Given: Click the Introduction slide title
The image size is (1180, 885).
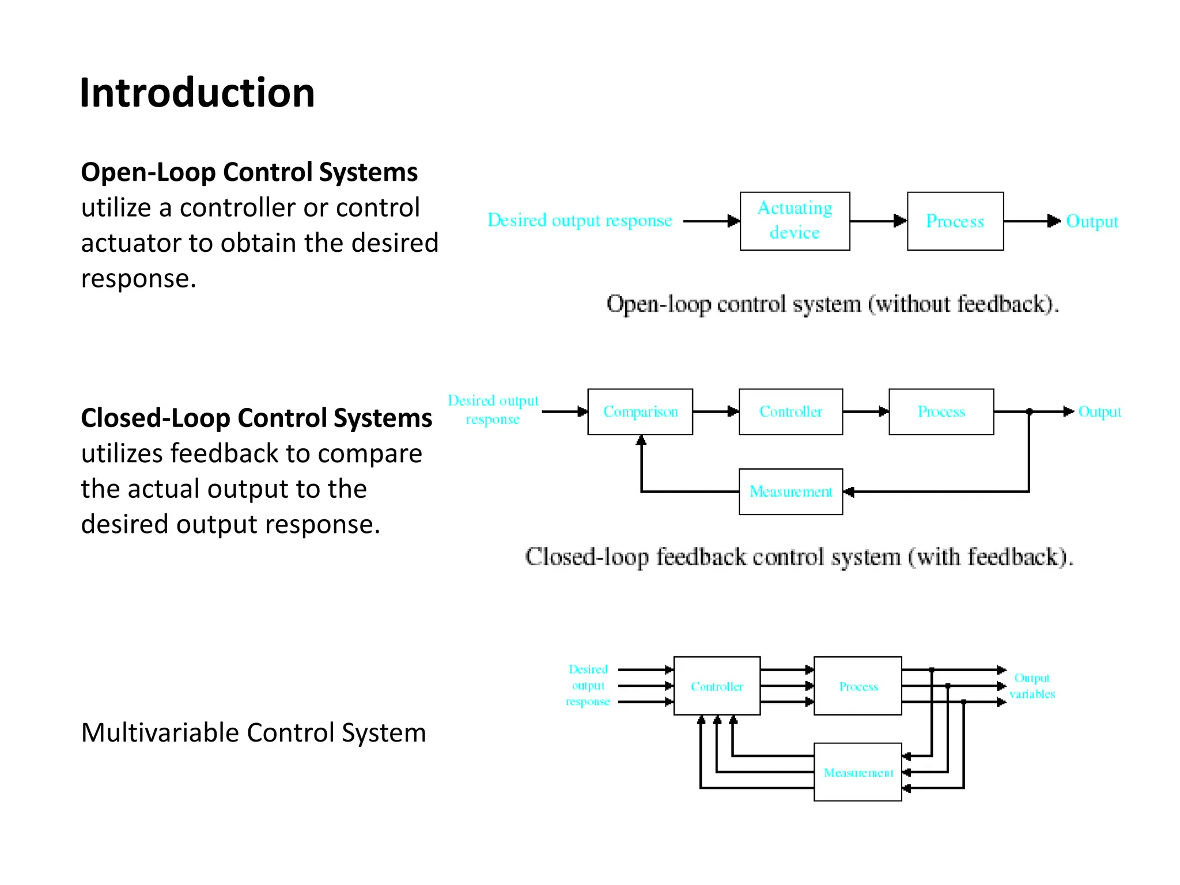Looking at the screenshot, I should [x=197, y=93].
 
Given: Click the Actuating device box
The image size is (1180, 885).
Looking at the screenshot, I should [x=795, y=221].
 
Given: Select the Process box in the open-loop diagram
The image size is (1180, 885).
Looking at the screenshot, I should [x=955, y=221].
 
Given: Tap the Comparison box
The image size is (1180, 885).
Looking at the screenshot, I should [x=640, y=411].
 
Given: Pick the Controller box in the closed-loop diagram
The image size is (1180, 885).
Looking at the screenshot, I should [x=791, y=411].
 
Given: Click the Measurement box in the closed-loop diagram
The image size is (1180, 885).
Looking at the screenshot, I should [x=791, y=491].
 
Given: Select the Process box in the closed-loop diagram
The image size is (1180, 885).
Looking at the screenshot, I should [x=941, y=411].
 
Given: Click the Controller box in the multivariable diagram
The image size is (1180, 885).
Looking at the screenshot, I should [x=717, y=686].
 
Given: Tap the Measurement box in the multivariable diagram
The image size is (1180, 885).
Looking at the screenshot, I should [x=857, y=772].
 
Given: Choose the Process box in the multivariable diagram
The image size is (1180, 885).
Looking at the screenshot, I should [x=857, y=686].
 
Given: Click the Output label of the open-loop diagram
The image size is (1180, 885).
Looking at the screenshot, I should [x=1092, y=221].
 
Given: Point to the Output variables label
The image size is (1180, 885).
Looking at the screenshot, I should [x=1032, y=686].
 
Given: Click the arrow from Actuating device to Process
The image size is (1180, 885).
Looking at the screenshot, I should [x=878, y=221].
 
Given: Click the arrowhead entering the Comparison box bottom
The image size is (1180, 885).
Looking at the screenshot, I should [x=641, y=440].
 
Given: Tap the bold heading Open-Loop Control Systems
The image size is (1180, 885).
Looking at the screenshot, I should [x=249, y=172].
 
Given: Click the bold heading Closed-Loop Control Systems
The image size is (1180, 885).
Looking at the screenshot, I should [x=256, y=418].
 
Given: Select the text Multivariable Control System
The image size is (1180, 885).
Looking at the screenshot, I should [x=254, y=733].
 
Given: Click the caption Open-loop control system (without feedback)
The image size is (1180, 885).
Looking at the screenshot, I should [x=833, y=304].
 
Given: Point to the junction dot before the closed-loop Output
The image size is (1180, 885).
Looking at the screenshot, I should [x=1030, y=411].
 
